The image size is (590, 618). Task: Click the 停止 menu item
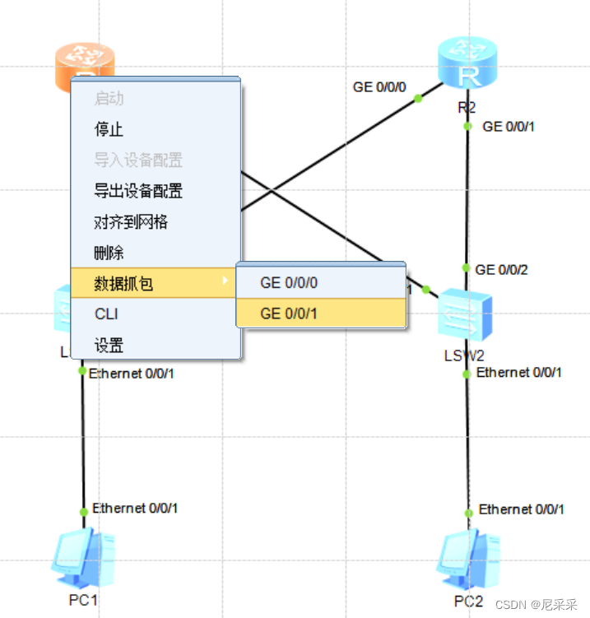click(109, 129)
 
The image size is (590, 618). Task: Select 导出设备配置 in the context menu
click(138, 191)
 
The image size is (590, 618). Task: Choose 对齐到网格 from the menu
click(132, 222)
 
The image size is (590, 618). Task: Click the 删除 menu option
click(109, 253)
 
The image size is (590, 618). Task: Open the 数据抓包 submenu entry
click(123, 284)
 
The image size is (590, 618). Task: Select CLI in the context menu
click(107, 314)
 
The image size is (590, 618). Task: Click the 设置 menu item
click(109, 346)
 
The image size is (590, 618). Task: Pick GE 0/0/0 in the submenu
click(289, 283)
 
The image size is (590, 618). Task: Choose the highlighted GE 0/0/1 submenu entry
click(289, 313)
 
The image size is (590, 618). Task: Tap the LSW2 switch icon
click(465, 316)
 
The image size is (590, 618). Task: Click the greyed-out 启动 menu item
click(109, 99)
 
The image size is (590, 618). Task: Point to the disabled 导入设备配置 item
click(138, 160)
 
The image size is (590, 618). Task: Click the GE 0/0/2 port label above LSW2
click(502, 269)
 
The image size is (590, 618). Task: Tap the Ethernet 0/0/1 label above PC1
click(135, 509)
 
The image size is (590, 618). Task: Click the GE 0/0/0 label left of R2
click(379, 86)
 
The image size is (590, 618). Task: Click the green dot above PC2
click(468, 513)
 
